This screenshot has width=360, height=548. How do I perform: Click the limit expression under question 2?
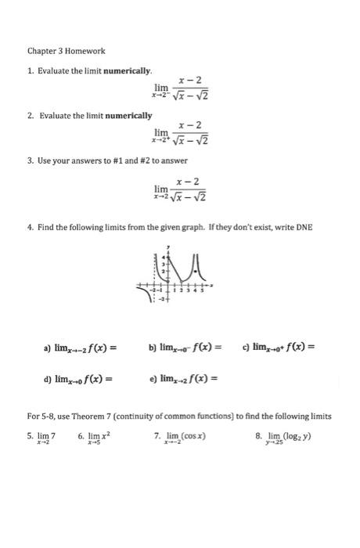point(182,134)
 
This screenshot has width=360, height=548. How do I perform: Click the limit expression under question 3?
point(182,189)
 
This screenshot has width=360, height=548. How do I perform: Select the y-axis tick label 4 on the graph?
point(165,257)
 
